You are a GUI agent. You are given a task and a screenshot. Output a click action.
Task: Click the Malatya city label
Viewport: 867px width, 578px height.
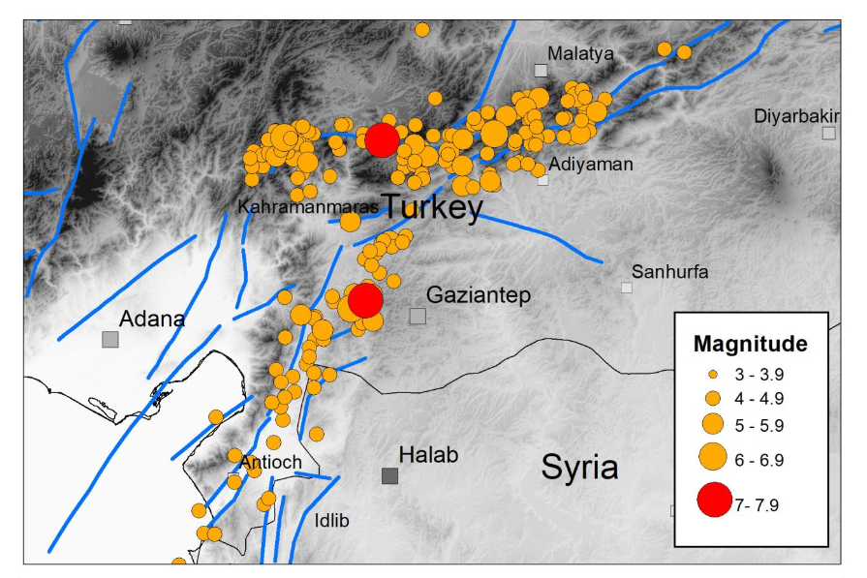580,53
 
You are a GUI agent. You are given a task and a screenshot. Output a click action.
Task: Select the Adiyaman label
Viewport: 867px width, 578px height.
590,164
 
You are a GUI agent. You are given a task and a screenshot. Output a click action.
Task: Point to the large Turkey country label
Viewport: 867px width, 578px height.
431,207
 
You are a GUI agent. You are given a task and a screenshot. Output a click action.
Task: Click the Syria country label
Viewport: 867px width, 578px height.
579,467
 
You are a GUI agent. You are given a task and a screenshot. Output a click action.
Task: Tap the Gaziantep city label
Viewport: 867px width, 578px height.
479,295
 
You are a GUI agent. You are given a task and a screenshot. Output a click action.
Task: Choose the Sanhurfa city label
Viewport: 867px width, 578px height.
669,271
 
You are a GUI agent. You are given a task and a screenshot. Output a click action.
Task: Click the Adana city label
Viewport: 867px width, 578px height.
152,319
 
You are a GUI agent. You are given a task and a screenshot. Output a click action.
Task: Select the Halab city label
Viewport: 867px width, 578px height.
428,454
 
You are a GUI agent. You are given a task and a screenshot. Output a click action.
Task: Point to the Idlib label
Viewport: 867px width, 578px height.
330,521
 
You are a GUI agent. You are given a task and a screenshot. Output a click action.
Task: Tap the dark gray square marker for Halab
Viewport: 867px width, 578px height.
389,475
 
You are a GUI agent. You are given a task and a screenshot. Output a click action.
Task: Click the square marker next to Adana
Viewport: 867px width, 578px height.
110,339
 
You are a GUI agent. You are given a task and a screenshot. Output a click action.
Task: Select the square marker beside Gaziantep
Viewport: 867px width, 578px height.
418,316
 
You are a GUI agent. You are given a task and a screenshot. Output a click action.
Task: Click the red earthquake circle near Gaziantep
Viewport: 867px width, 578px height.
365,300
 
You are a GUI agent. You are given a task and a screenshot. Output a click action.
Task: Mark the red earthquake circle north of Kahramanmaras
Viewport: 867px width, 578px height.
382,139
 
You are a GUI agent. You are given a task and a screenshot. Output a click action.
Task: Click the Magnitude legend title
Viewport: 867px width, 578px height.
750,344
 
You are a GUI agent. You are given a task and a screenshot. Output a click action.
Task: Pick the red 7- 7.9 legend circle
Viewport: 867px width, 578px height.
714,501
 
